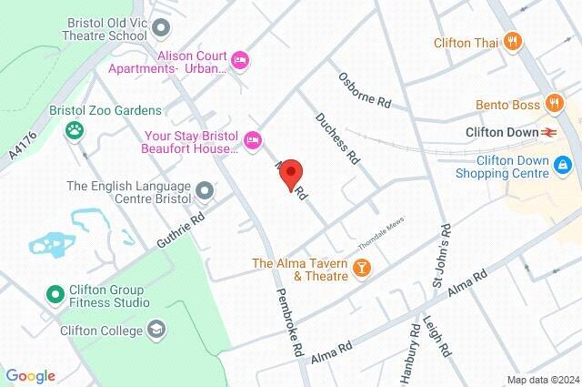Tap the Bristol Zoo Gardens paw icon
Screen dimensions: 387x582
coord(73,130)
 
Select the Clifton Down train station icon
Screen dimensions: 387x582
coord(548,133)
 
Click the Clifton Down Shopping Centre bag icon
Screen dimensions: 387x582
coord(564,165)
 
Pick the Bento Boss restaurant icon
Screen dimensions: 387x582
coord(552,103)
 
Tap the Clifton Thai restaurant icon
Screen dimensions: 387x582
coord(513,40)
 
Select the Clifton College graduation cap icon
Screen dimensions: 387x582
coord(156,328)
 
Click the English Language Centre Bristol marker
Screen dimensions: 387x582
coord(206,191)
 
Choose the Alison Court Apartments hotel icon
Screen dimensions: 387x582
coord(239,60)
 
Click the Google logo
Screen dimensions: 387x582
coord(30,376)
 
